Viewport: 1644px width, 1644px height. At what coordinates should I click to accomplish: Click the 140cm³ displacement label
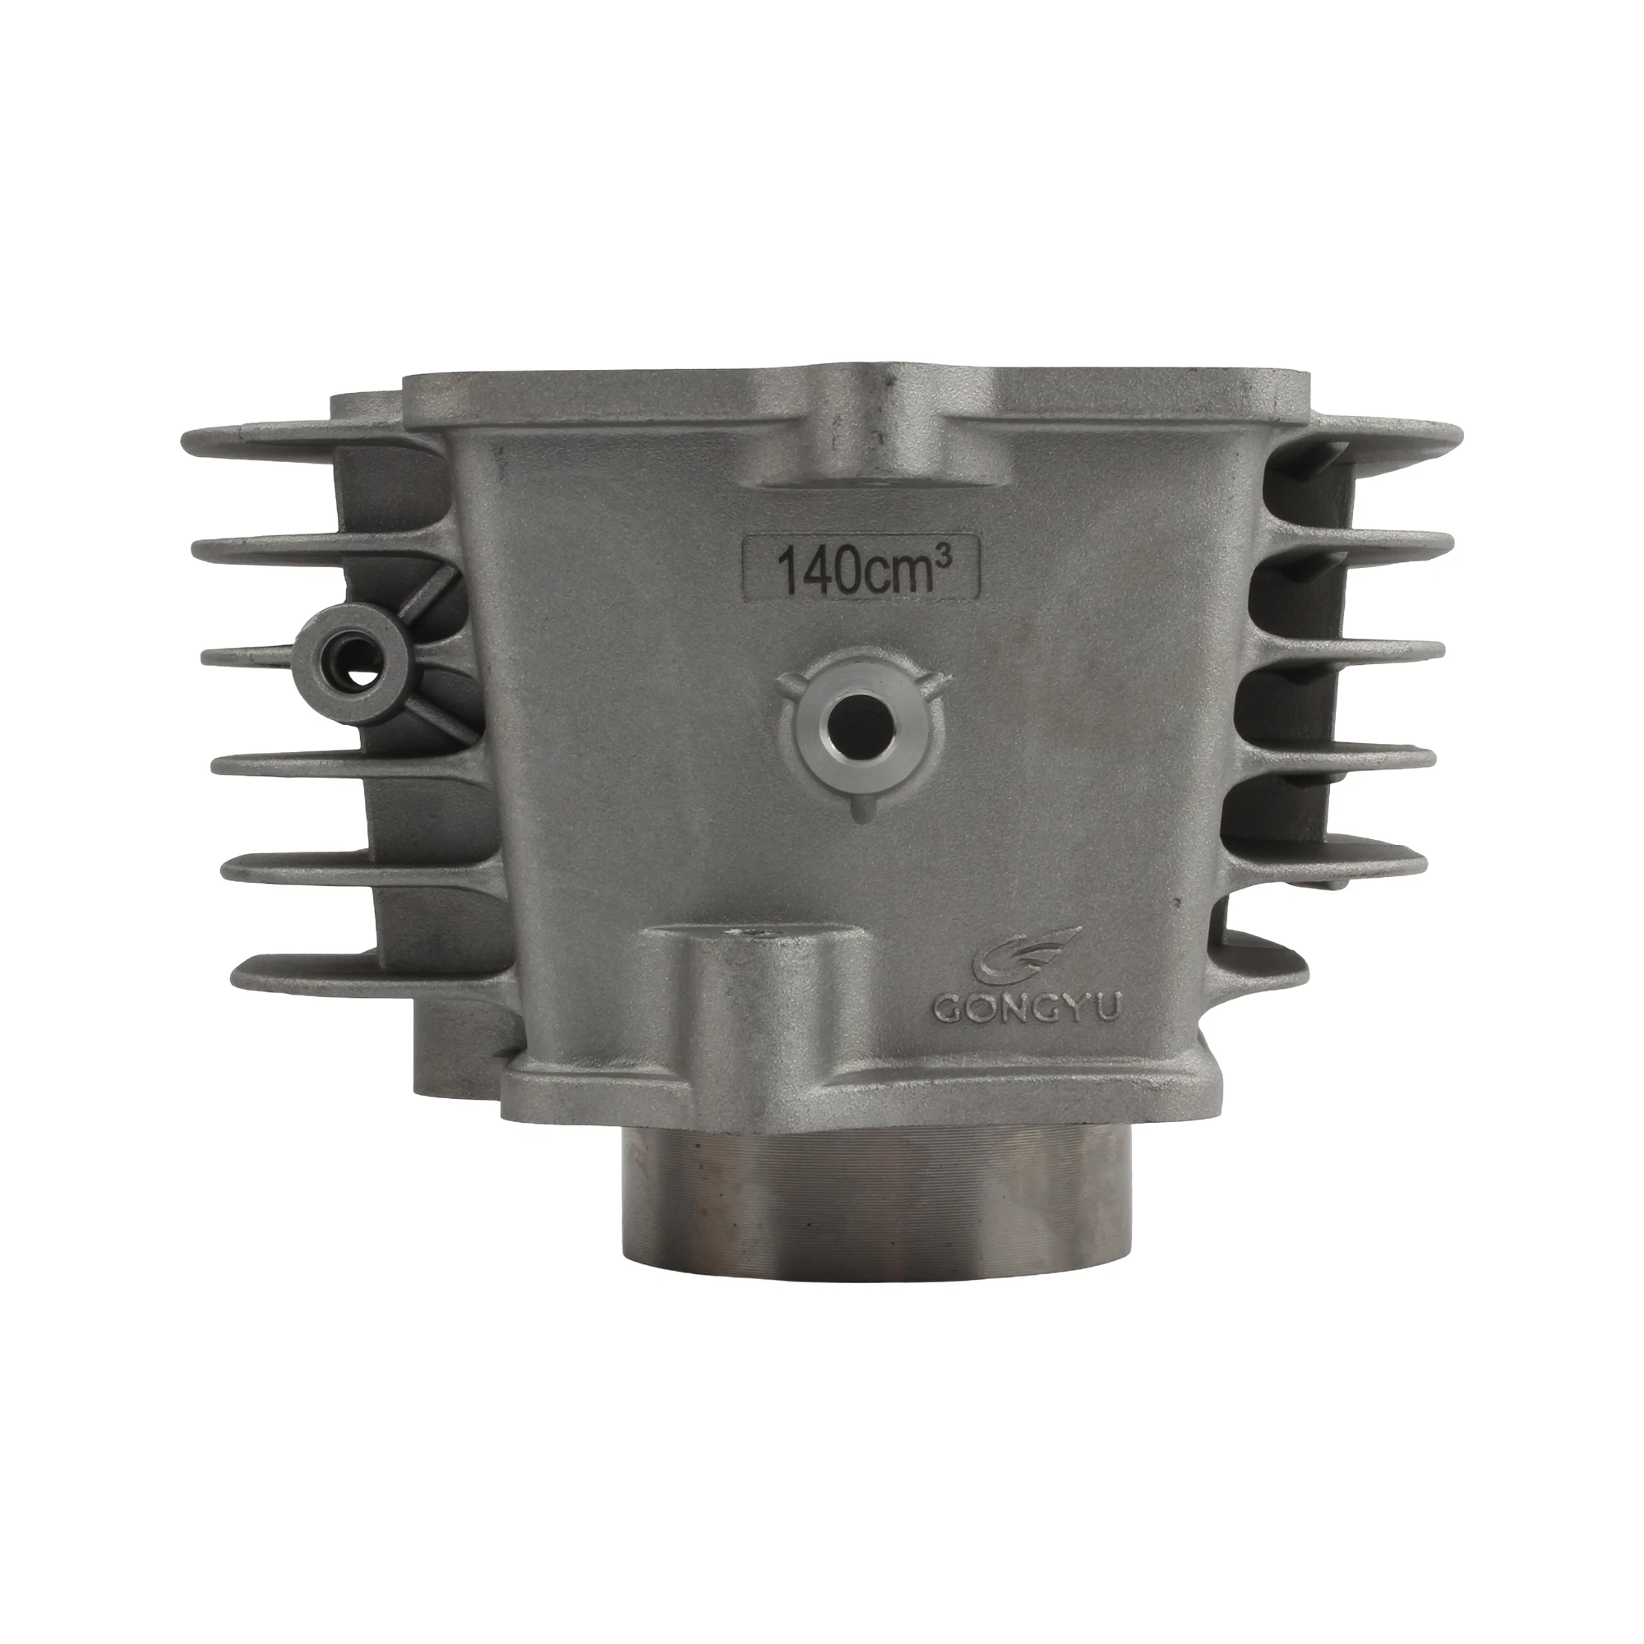pos(862,565)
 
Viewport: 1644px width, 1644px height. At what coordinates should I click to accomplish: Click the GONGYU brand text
pos(1030,1009)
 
